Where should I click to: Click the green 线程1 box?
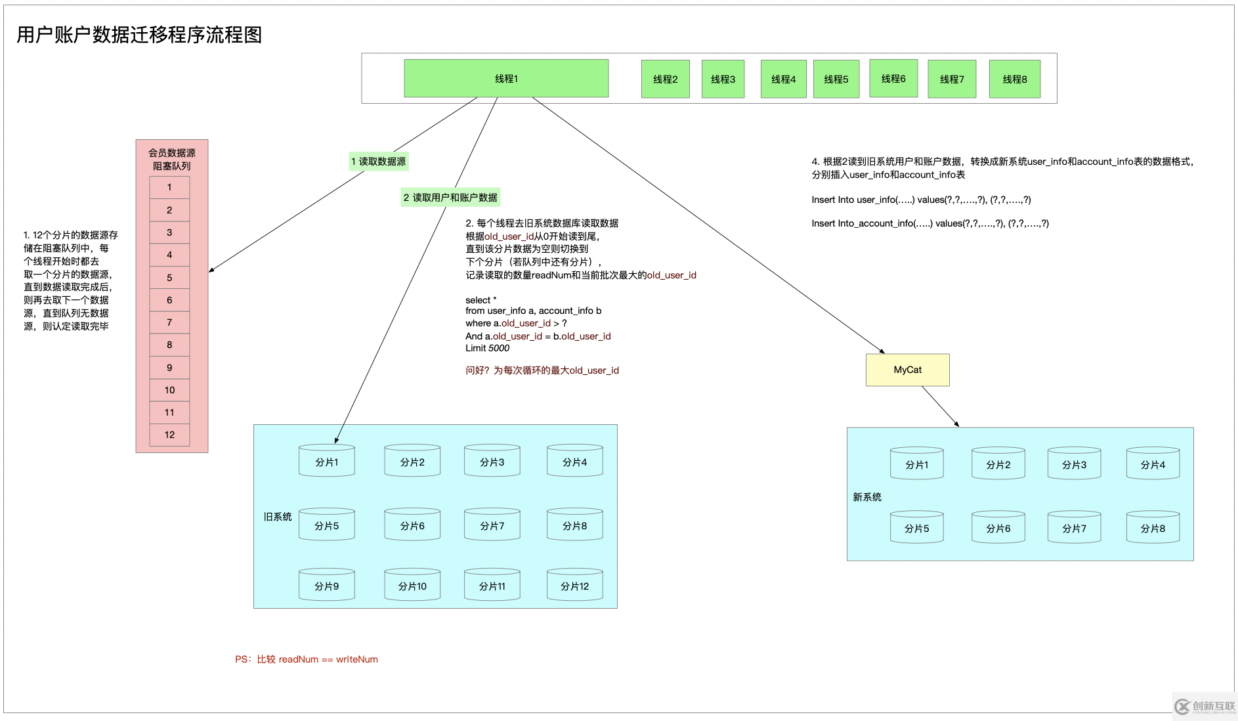[506, 79]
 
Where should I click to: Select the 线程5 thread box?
[836, 79]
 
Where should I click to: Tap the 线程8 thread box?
[1014, 79]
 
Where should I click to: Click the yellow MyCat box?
[907, 370]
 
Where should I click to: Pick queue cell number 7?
[169, 322]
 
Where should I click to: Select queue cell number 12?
[169, 435]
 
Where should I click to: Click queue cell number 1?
[169, 187]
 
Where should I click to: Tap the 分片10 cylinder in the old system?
[412, 585]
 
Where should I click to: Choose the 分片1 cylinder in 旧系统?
[326, 461]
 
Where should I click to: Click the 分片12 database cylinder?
[574, 585]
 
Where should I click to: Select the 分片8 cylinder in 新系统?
[1153, 527]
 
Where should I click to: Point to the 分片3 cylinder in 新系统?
[1074, 464]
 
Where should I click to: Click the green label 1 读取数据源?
[379, 162]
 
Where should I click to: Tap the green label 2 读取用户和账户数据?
[450, 198]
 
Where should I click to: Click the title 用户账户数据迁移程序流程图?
[139, 35]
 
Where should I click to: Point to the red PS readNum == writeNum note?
[307, 659]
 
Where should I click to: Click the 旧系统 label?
[278, 517]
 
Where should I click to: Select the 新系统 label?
[867, 497]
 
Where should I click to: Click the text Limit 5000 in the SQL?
[487, 348]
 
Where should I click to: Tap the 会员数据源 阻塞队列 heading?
[171, 159]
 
